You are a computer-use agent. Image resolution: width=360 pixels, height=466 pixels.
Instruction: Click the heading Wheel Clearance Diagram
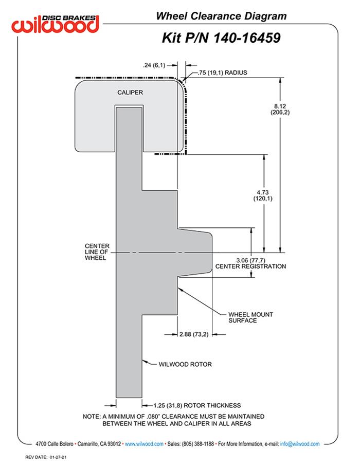pos(221,16)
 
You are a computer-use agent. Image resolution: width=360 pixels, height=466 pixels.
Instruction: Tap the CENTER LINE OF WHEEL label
pos(96,252)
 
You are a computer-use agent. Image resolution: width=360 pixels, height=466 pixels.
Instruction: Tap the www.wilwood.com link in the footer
pos(145,443)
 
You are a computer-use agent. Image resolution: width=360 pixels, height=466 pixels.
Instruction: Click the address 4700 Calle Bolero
pos(53,443)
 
